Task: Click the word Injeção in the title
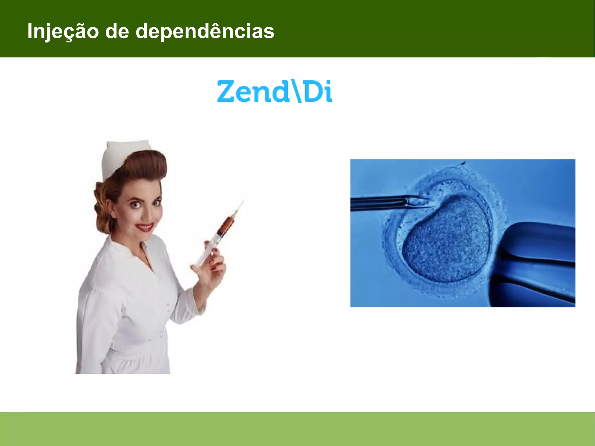coord(63,31)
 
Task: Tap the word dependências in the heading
coord(205,31)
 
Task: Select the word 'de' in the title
coord(117,31)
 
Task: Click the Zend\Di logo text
coord(275,92)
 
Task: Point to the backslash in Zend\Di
coord(296,92)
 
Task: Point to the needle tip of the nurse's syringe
coord(243,201)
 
